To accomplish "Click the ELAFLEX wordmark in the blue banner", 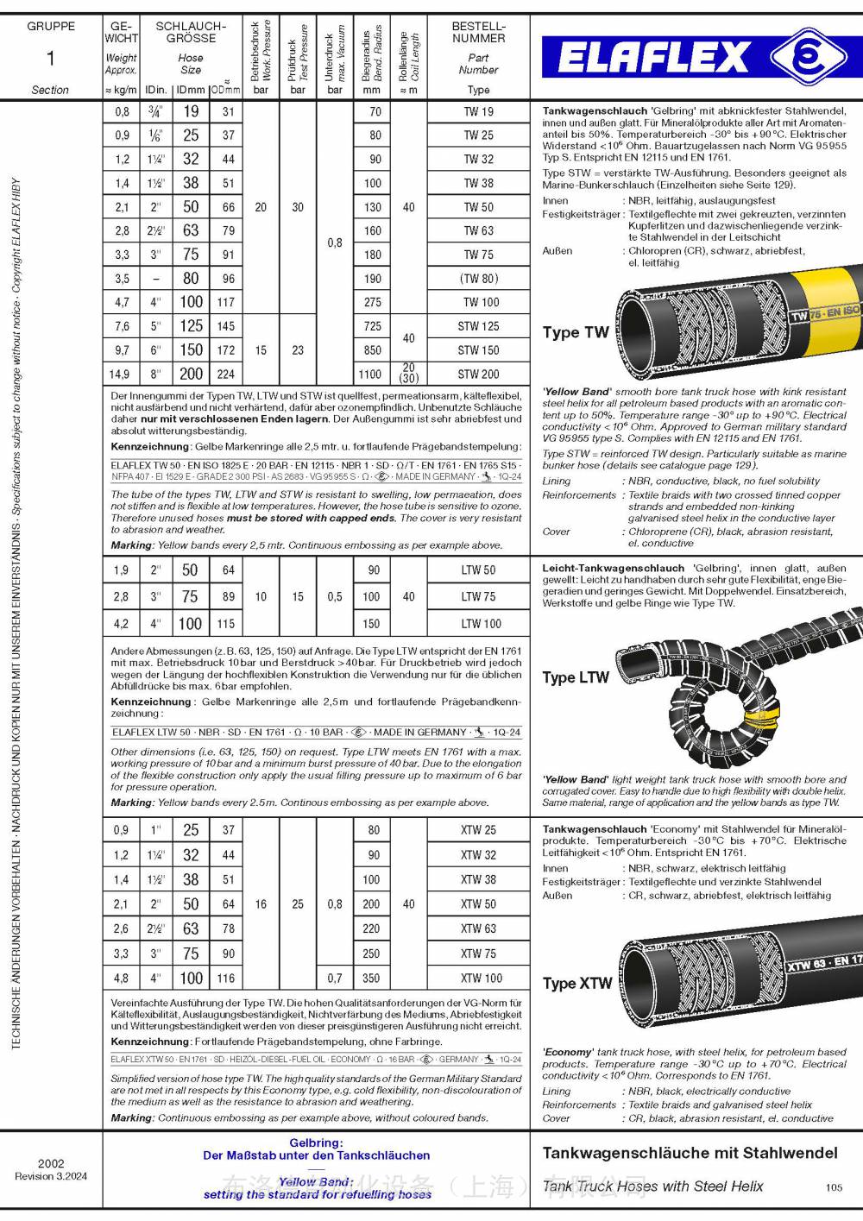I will click(653, 59).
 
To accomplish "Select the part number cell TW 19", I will click(478, 111).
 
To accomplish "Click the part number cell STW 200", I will click(478, 374).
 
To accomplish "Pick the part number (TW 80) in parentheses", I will click(478, 278).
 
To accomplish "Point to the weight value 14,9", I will click(121, 374).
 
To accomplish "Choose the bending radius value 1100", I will click(370, 374).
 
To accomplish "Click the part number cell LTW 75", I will click(478, 596).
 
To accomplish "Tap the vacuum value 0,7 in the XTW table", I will click(335, 978).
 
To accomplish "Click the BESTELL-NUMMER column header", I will click(478, 32).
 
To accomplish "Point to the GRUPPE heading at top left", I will click(51, 26).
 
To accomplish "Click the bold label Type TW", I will click(576, 332).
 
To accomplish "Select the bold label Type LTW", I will click(576, 677).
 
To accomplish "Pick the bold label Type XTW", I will click(576, 983).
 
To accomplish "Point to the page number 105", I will click(834, 1187).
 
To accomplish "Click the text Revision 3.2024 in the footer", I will click(51, 1176).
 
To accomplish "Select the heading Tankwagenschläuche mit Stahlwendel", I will click(690, 1153).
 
